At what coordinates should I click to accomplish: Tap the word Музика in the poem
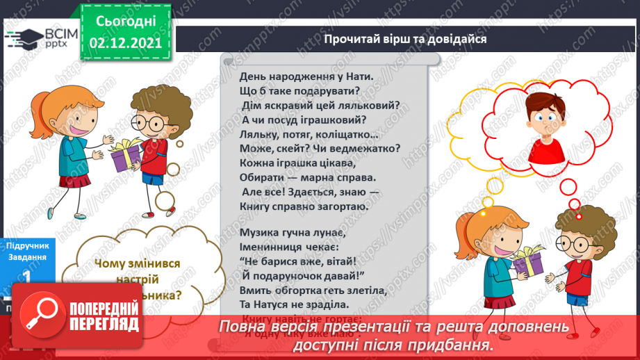coord(258,232)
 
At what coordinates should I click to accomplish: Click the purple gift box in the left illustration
coord(126,156)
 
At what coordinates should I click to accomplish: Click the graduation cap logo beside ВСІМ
coord(21,38)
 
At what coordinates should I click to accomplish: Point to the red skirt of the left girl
coord(74,181)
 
